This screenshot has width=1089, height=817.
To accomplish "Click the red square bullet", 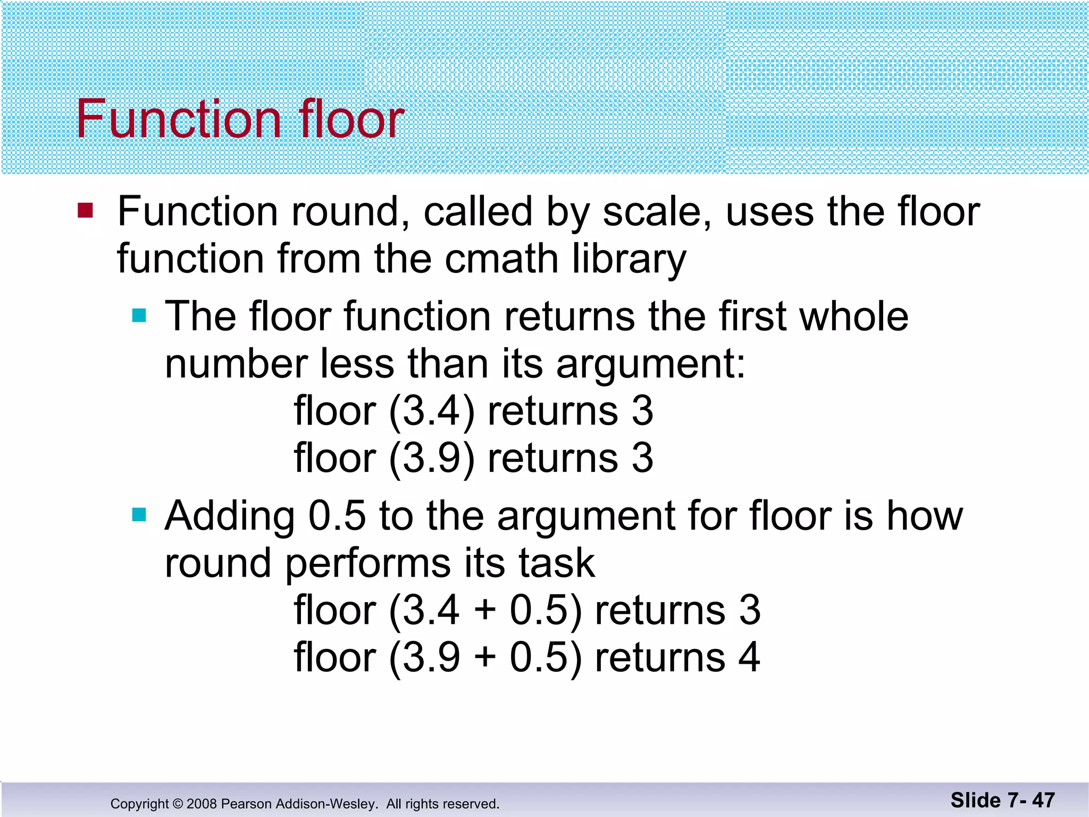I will click(85, 210).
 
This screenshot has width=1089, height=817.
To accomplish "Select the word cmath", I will click(501, 259).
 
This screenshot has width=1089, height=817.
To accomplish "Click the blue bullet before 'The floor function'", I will click(139, 315).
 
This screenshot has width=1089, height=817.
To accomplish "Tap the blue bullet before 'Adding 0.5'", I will click(139, 514).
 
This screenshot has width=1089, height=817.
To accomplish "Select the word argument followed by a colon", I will click(651, 364).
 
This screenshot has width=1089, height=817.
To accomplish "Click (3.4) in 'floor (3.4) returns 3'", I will click(431, 412).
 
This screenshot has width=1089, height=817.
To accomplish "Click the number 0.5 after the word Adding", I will click(337, 516).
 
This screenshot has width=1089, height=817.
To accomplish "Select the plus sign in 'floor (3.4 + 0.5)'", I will click(485, 610).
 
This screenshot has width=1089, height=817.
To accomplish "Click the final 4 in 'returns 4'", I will click(749, 657).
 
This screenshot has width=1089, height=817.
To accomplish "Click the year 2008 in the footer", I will click(201, 804).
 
